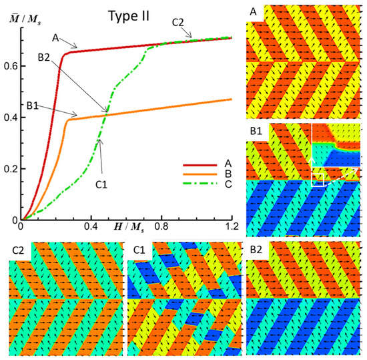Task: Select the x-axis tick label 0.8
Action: coord(161,227)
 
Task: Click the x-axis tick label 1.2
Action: coord(231,227)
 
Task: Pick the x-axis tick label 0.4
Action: coord(91,227)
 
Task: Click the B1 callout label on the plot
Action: coord(36,105)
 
